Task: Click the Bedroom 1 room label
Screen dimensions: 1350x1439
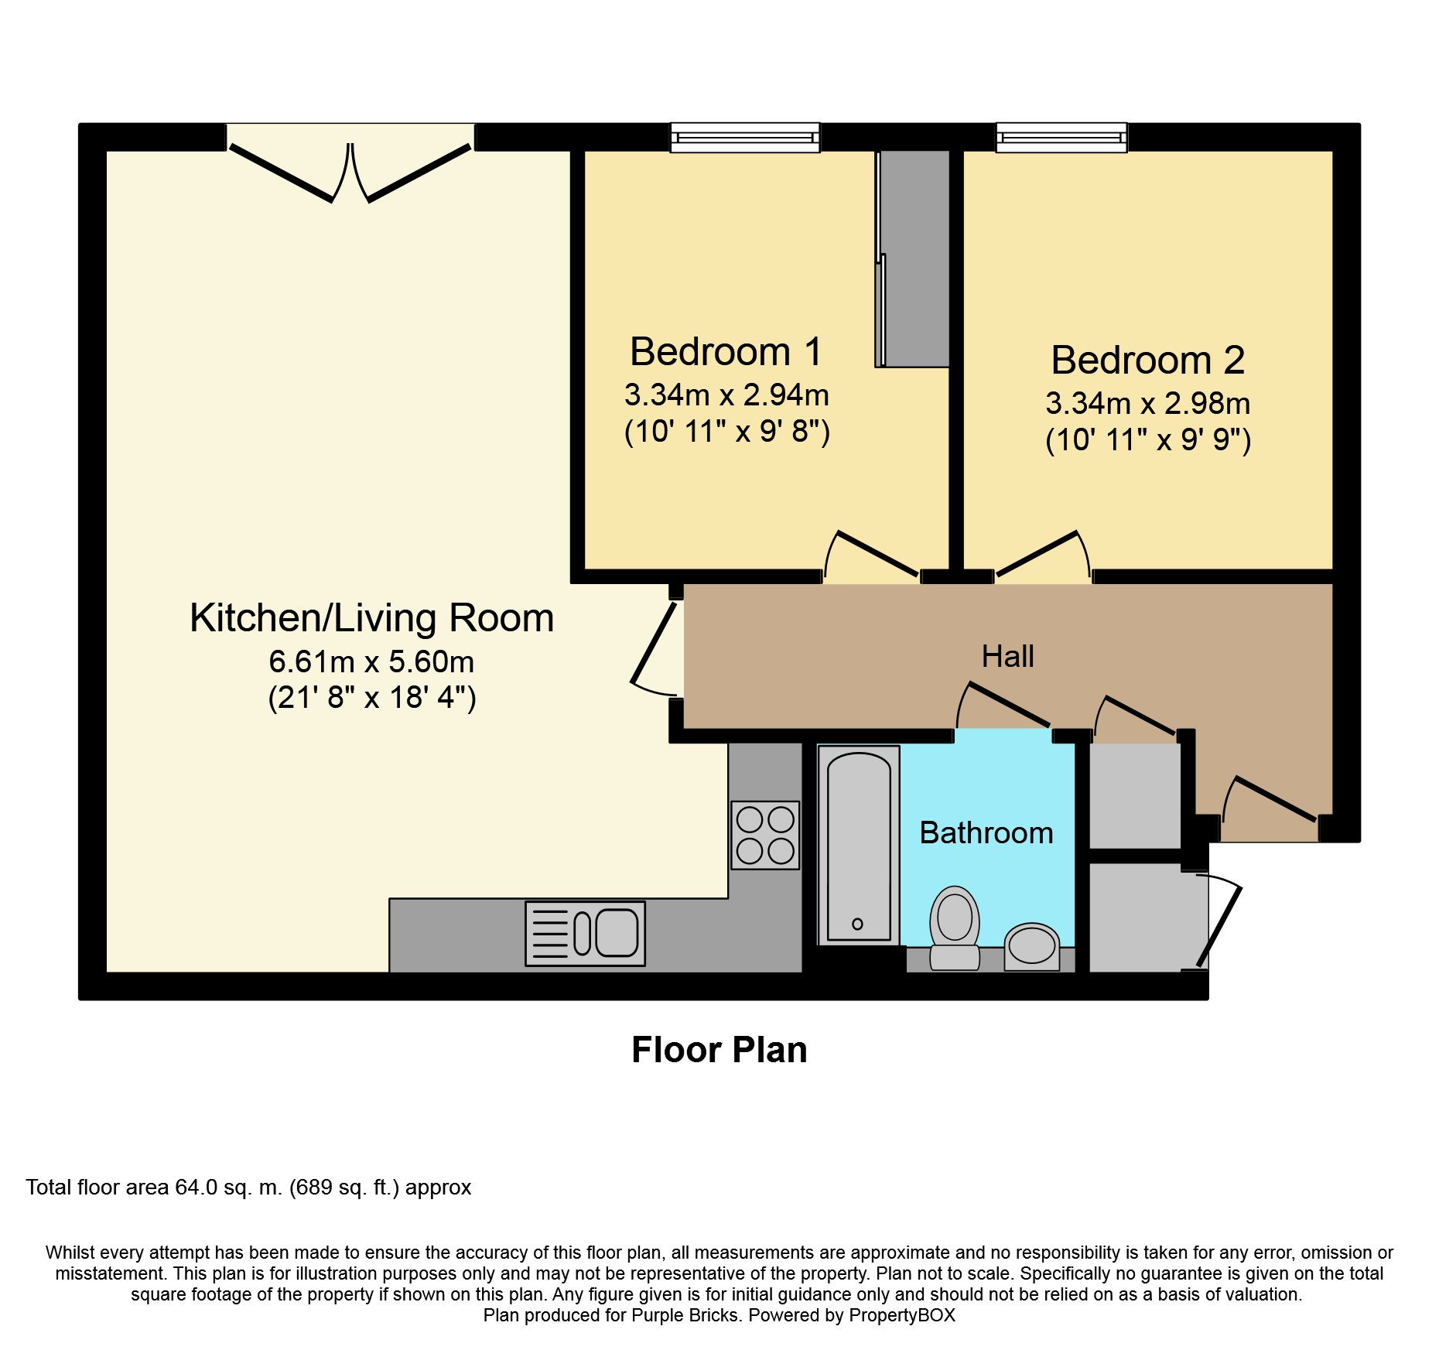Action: [x=726, y=352]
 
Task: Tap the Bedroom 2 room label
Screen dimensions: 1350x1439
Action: [x=1147, y=361]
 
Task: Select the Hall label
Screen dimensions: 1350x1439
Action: [x=1007, y=657]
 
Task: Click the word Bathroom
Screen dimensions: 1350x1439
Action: [x=986, y=833]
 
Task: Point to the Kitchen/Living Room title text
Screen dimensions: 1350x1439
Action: [x=371, y=618]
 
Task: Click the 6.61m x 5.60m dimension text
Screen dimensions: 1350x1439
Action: [x=371, y=662]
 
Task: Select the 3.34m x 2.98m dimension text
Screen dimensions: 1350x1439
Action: [x=1147, y=404]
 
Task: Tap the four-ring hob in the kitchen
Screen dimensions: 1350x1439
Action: [x=765, y=836]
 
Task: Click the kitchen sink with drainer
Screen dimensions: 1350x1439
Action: [x=585, y=934]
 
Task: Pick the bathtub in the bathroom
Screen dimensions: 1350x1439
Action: [x=859, y=846]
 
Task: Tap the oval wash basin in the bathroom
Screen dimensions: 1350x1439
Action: [x=1032, y=945]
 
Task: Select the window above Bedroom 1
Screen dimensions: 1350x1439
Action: [x=744, y=138]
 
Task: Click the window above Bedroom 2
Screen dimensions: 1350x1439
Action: [x=1061, y=138]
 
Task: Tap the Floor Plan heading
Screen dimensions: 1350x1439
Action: [x=719, y=1051]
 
